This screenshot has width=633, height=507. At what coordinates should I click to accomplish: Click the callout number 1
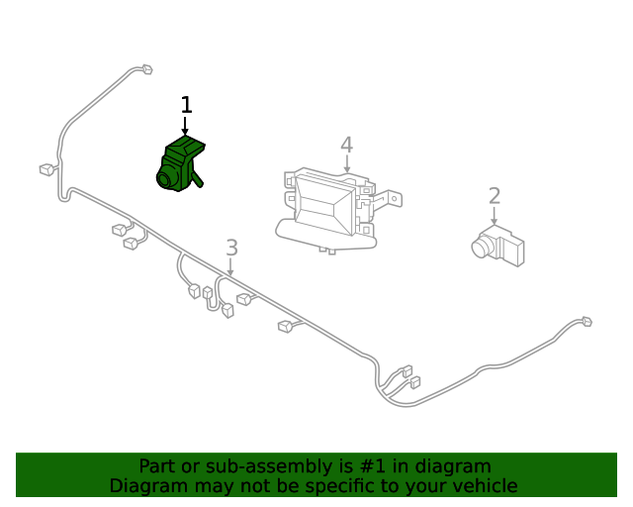pos(186,105)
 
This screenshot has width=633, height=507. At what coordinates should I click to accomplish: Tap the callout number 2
pos(495,196)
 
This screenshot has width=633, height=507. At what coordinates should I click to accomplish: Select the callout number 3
pos(231,248)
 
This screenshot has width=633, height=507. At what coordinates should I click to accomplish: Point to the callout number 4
pos(347,145)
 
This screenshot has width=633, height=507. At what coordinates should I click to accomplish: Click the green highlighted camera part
pos(181,163)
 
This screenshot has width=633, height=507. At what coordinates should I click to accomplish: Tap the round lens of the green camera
pos(165,178)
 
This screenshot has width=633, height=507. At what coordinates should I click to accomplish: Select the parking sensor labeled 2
pos(498,246)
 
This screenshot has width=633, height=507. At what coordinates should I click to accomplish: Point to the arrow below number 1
pos(185,126)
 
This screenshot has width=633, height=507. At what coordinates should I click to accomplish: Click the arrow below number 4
pos(347,163)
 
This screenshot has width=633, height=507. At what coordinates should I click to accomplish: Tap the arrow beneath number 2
pos(495,216)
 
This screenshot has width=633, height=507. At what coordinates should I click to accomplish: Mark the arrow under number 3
pos(230,266)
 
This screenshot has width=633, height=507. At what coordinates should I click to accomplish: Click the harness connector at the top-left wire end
pos(146,69)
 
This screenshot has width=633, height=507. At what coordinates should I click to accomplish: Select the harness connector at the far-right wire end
pos(587,322)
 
